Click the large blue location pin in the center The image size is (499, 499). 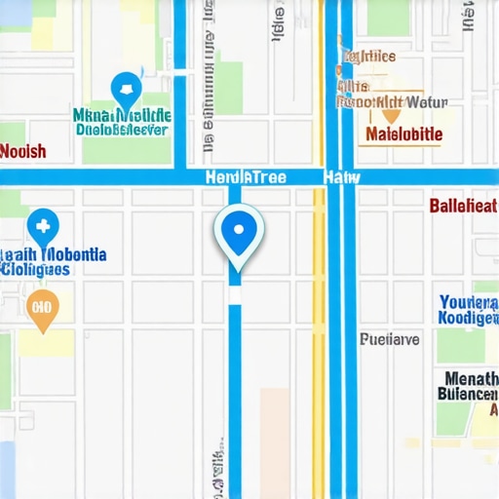click(238, 232)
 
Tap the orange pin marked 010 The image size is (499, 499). click(42, 307)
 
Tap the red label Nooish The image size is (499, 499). click(22, 151)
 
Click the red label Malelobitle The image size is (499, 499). click(403, 134)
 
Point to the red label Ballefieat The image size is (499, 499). click(464, 206)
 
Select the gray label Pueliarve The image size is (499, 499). click(389, 339)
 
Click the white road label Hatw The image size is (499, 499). click(341, 177)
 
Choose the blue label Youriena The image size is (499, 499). click(469, 302)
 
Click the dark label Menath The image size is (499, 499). click(471, 378)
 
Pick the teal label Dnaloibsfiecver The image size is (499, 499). click(123, 128)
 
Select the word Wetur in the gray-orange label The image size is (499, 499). click(426, 100)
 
